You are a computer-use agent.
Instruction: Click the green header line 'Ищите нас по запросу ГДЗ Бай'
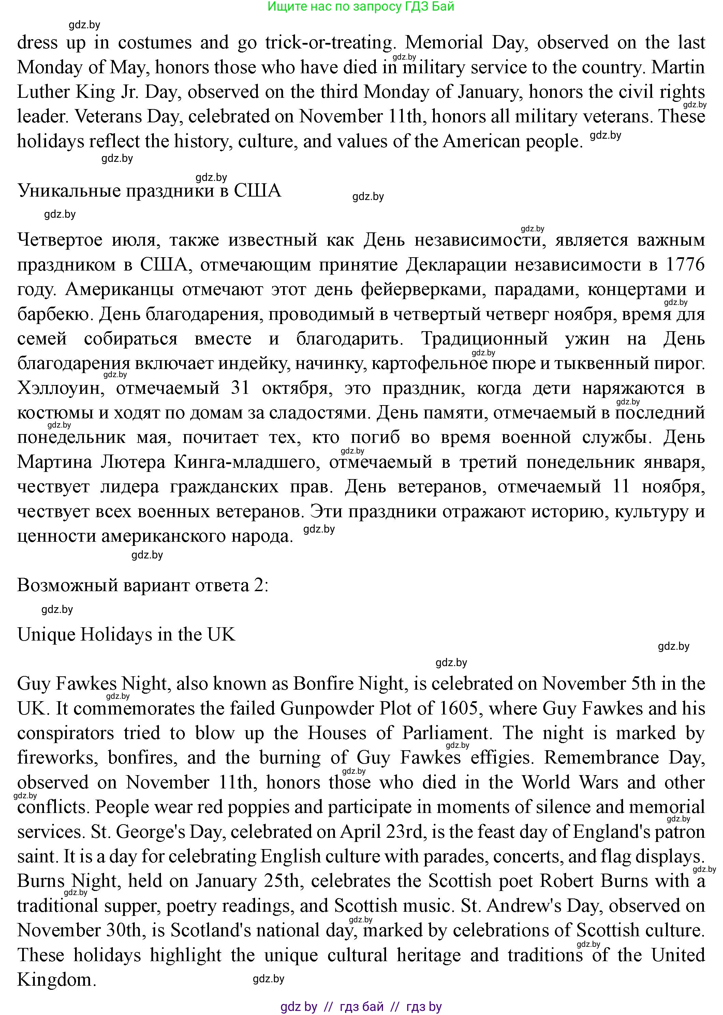tap(361, 7)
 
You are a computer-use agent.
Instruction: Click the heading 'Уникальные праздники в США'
tap(149, 191)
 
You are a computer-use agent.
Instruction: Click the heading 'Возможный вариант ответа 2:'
tap(143, 585)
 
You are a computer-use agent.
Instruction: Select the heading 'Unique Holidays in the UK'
tap(126, 635)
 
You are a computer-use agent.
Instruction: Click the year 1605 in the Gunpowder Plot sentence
tap(461, 709)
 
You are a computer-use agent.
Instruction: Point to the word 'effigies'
tap(502, 757)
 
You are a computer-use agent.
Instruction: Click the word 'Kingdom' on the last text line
tap(56, 980)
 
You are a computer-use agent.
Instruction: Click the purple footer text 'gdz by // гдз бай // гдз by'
tap(361, 1006)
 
